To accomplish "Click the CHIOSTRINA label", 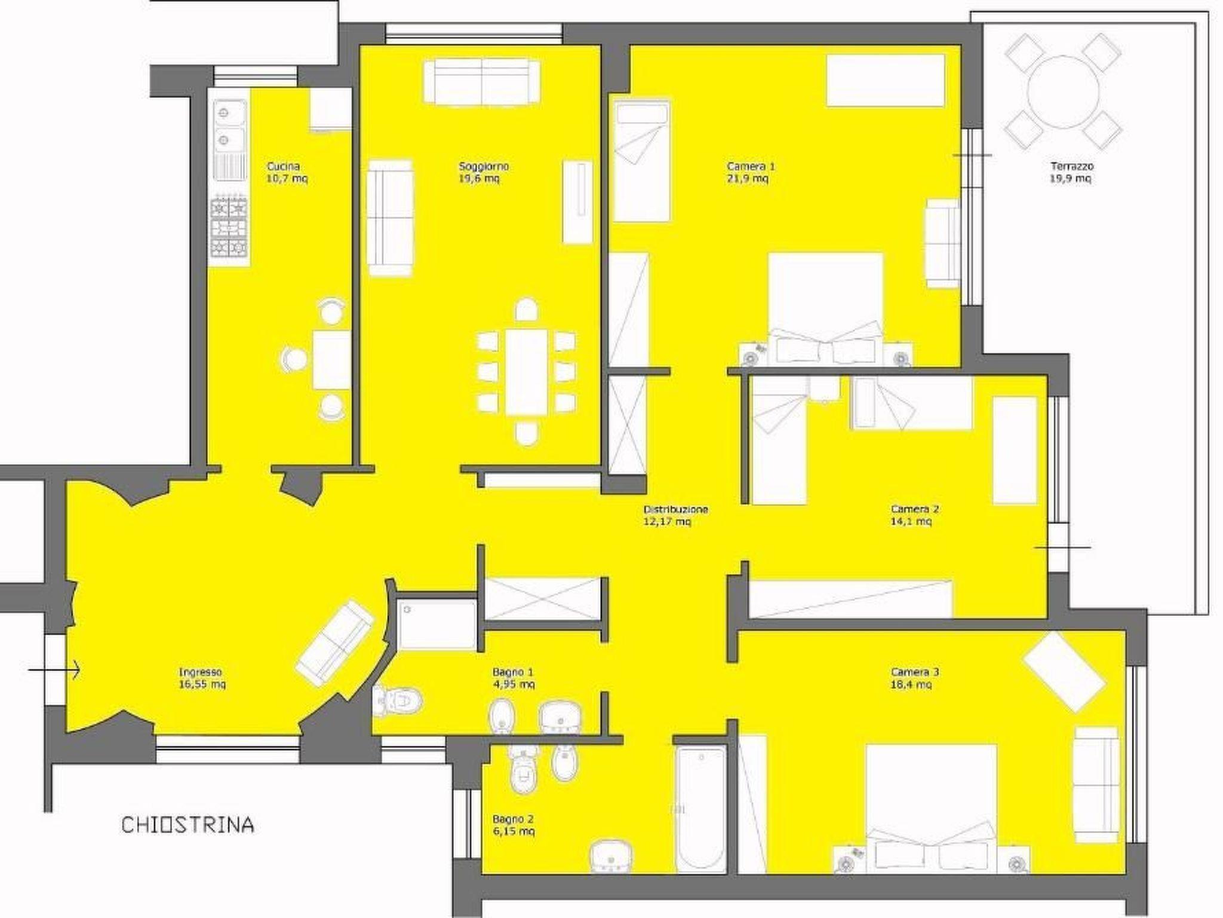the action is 188,825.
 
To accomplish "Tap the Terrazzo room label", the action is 1072,166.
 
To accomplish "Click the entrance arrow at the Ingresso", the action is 54,670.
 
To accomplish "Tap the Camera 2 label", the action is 914,509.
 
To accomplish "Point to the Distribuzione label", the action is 676,509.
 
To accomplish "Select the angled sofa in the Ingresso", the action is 335,641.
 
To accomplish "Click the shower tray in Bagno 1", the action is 437,625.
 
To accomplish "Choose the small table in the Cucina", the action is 331,360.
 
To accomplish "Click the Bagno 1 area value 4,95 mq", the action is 514,684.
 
